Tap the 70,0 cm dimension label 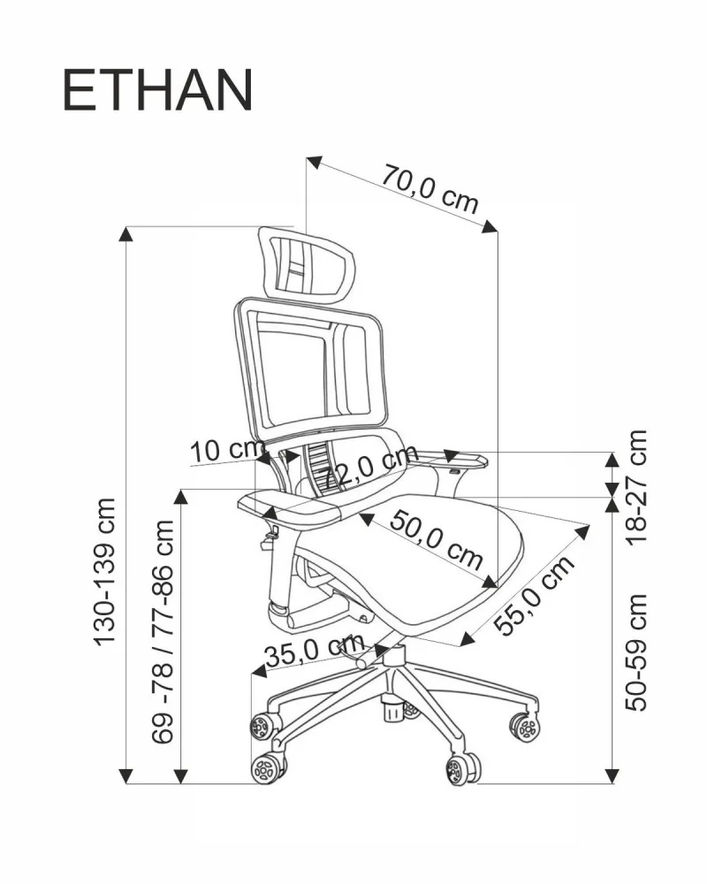pyautogui.click(x=430, y=188)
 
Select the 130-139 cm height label pyautogui.click(x=106, y=570)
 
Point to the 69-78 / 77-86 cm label pyautogui.click(x=163, y=631)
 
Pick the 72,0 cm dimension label pyautogui.click(x=369, y=469)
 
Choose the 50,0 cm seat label pyautogui.click(x=437, y=539)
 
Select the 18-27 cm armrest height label pyautogui.click(x=635, y=485)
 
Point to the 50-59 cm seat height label pyautogui.click(x=635, y=652)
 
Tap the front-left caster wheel pyautogui.click(x=266, y=766)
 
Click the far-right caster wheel pyautogui.click(x=525, y=727)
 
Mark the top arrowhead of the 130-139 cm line pyautogui.click(x=127, y=234)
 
